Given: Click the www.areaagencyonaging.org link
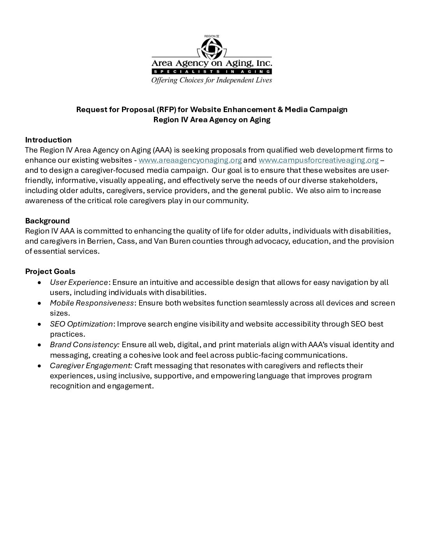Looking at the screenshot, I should point(190,160).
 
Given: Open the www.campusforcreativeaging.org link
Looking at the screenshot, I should point(318,160).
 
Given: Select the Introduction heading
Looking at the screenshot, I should point(48,140).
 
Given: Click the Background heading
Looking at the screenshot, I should point(47,221).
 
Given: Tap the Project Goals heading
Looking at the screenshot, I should point(50,271).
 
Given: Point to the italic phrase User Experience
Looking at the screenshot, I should point(79,282).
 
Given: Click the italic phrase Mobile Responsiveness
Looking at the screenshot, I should point(92,303).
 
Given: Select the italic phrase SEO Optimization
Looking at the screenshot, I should point(81,324).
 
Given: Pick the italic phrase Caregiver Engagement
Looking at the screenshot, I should point(91,365).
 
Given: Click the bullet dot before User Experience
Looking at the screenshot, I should point(39,283).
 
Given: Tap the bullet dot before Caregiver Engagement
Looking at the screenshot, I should point(39,366).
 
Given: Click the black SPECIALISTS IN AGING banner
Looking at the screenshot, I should point(212,72).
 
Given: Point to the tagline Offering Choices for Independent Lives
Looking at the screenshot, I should point(212,80).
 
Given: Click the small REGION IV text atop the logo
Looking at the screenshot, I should point(212,36).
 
